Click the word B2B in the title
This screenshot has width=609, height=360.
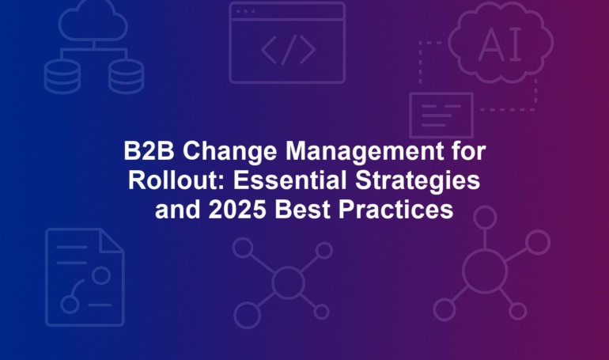coord(149,150)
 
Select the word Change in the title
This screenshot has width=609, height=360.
coord(230,152)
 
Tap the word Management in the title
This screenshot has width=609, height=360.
coord(365,152)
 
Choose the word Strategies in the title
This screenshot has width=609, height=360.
coord(418,181)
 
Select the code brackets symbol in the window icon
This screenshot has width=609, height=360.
coord(288,50)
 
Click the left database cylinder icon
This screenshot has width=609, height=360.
coord(62,76)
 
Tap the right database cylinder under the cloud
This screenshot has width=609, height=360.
coord(127,76)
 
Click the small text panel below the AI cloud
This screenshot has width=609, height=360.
coord(441,115)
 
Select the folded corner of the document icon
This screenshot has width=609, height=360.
coord(112,241)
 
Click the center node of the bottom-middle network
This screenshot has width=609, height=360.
coord(288,282)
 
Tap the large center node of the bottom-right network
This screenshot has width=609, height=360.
coord(485,271)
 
